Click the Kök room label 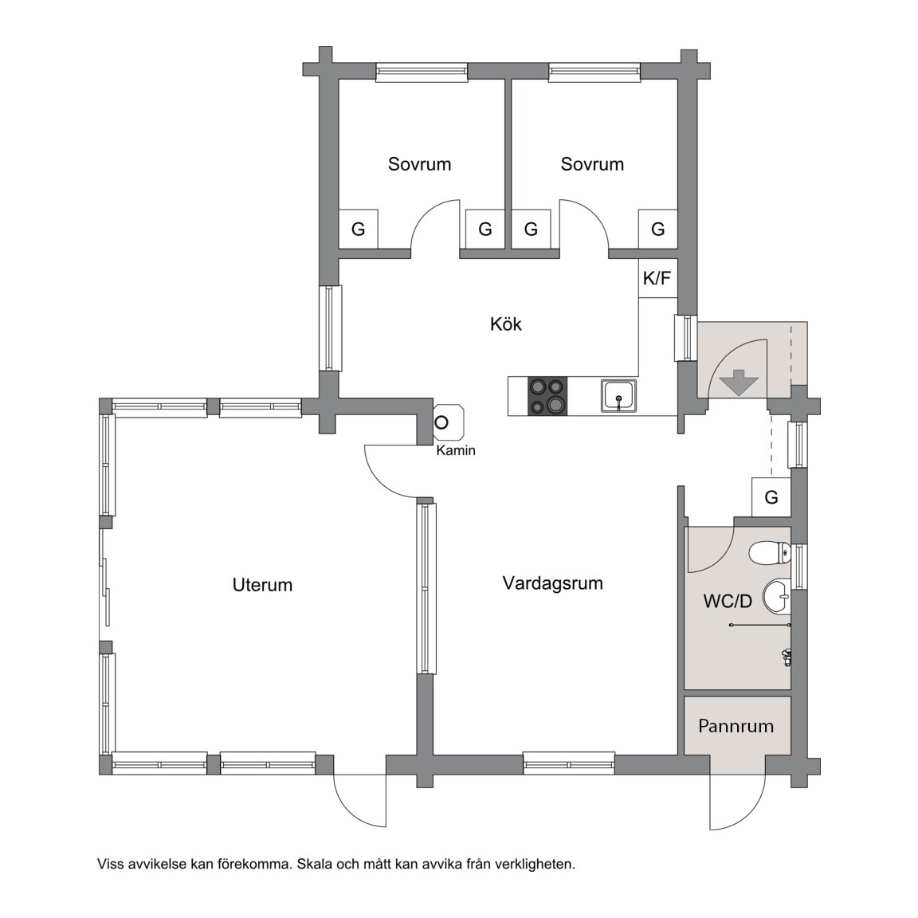pos(506,324)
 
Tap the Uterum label pos(262,585)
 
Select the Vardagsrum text pos(553,583)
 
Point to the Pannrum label pos(736,726)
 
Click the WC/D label pos(727,602)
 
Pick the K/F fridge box pos(657,278)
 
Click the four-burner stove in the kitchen pos(547,396)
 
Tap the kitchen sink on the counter pos(618,396)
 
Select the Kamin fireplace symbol pos(449,422)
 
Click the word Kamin pos(456,450)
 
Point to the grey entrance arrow pos(739,382)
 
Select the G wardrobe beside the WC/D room pos(771,497)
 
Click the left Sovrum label pos(419,164)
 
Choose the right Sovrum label pos(592,164)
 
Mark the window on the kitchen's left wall pos(330,328)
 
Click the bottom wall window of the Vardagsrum pos(568,764)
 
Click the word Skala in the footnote pos(314,864)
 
